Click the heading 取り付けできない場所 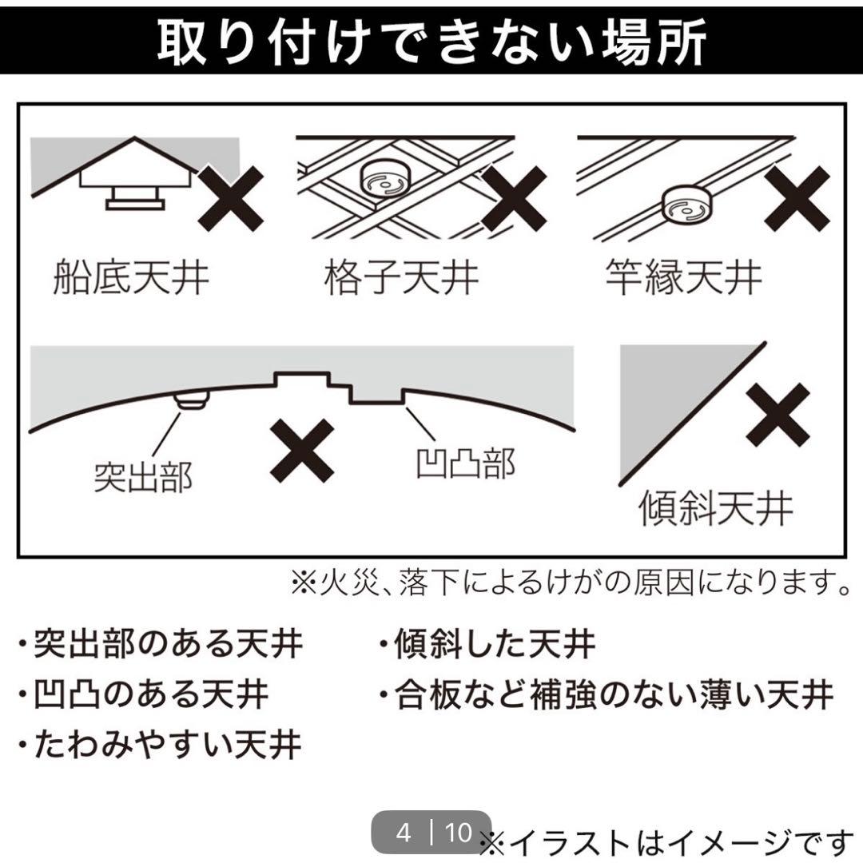[x=431, y=42]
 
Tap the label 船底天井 [x=131, y=276]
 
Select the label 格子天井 [x=401, y=276]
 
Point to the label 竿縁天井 [x=683, y=276]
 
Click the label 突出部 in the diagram [x=143, y=476]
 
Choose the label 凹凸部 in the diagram [x=466, y=464]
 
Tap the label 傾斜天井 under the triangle [x=715, y=507]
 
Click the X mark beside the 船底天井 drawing [x=231, y=199]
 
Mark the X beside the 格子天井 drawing [x=514, y=199]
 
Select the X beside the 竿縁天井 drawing [x=797, y=199]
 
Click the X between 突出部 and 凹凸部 [x=302, y=451]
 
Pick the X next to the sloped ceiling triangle [x=778, y=416]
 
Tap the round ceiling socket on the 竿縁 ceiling [x=687, y=204]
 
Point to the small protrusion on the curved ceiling [x=192, y=400]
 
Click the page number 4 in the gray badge [x=404, y=833]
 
